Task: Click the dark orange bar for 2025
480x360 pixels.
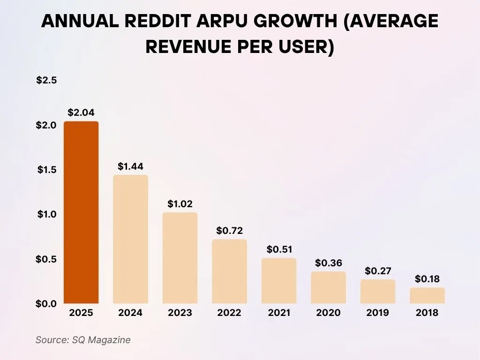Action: click(81, 212)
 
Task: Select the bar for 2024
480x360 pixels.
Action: click(130, 239)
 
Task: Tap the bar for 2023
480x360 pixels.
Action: click(180, 258)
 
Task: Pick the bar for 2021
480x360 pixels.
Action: click(279, 281)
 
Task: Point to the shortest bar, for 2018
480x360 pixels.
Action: click(427, 295)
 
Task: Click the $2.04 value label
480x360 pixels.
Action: click(81, 112)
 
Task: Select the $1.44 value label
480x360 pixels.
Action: click(130, 166)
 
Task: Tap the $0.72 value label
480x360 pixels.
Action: click(229, 231)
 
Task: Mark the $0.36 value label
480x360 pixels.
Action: click(328, 263)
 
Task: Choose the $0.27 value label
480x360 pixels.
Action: click(378, 271)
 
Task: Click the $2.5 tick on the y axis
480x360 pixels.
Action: click(46, 80)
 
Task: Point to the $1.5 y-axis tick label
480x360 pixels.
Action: click(46, 170)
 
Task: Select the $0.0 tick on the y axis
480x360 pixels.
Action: click(46, 304)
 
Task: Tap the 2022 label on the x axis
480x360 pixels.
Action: click(229, 313)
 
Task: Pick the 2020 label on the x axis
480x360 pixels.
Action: click(328, 313)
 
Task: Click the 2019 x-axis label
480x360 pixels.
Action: click(378, 313)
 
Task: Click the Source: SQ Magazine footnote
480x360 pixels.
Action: click(83, 340)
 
